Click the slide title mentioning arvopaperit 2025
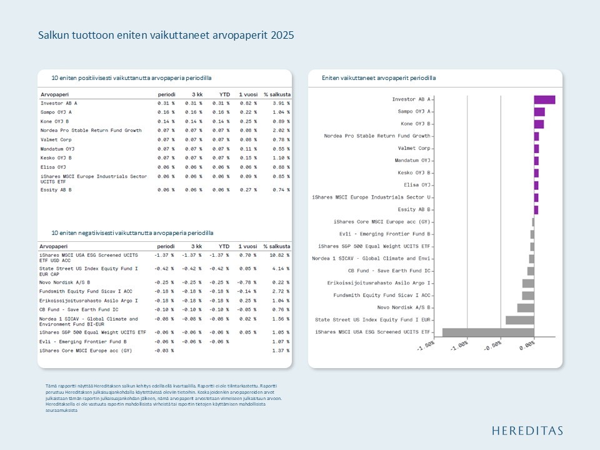point(166,36)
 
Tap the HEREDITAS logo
point(527,430)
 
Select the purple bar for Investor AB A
point(544,99)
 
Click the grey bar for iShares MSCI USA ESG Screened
point(488,332)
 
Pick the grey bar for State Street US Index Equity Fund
point(519,320)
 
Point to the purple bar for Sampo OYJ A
point(539,112)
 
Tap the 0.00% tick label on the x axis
point(527,345)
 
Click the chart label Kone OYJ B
point(416,124)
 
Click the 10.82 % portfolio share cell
point(279,255)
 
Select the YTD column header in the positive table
point(224,94)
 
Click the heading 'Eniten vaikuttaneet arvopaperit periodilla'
point(379,78)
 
